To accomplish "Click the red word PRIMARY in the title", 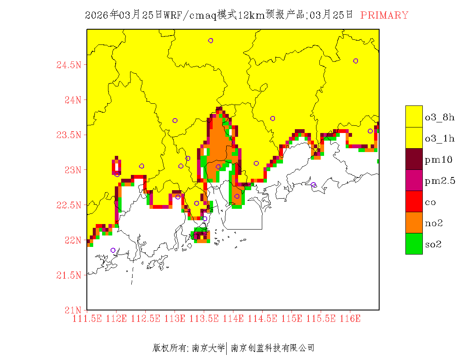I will (384, 15).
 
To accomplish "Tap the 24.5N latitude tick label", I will (69, 65).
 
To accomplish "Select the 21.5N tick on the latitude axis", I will (69, 275).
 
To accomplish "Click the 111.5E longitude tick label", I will (88, 318).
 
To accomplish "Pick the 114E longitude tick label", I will (233, 318).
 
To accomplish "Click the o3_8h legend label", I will (439, 117).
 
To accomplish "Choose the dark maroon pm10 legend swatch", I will (414, 159).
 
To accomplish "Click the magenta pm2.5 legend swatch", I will (414, 180).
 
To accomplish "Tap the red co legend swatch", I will (414, 201).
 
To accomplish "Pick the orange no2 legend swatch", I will (414, 222).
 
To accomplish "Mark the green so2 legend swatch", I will (414, 244).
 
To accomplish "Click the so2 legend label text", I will (433, 244).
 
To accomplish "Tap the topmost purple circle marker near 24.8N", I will (211, 41).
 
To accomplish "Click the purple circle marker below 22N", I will (113, 250).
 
